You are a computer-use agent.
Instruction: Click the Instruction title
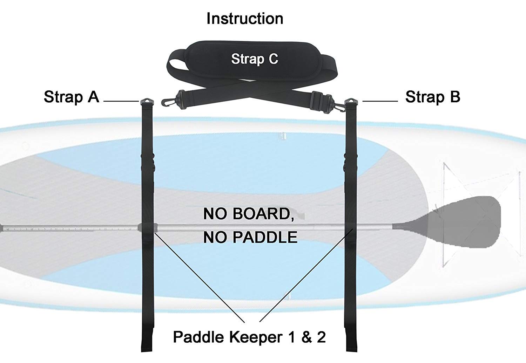click(245, 19)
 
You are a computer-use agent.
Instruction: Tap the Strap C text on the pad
click(255, 59)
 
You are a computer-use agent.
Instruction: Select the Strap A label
click(72, 97)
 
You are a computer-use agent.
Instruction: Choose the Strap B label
click(432, 97)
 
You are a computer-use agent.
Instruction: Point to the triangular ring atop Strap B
click(351, 102)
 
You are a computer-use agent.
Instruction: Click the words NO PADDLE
click(250, 237)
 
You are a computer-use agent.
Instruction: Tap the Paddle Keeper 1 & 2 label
click(249, 337)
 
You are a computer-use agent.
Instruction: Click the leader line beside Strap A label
click(121, 101)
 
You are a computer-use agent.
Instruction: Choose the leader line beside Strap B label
click(380, 101)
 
